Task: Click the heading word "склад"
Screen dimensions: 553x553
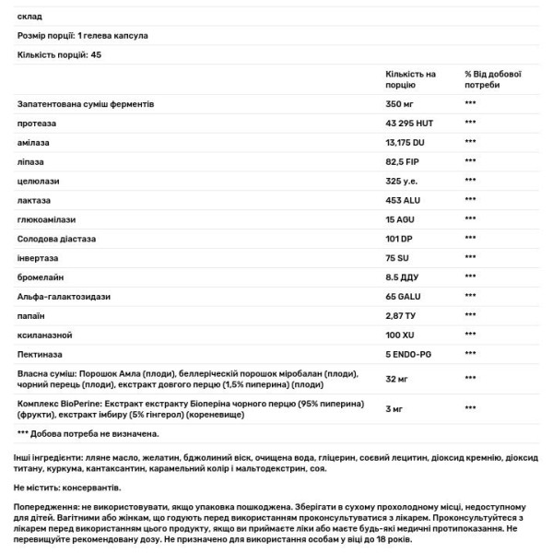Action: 29,16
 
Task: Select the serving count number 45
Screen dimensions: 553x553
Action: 96,55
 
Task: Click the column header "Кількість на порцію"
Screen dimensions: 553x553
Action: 410,78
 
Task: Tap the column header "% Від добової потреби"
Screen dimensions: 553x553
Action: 494,78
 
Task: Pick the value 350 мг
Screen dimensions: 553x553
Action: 400,103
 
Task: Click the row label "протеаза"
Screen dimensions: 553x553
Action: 35,123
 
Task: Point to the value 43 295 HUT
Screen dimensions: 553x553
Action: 412,123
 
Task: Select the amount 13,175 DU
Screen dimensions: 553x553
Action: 407,142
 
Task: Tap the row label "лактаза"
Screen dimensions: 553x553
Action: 34,200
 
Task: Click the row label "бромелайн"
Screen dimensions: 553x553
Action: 40,276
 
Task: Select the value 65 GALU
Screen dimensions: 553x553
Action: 405,296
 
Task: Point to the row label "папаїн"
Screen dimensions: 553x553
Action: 30,315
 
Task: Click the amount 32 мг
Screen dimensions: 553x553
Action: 397,379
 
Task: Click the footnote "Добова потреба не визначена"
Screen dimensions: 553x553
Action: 92,433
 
